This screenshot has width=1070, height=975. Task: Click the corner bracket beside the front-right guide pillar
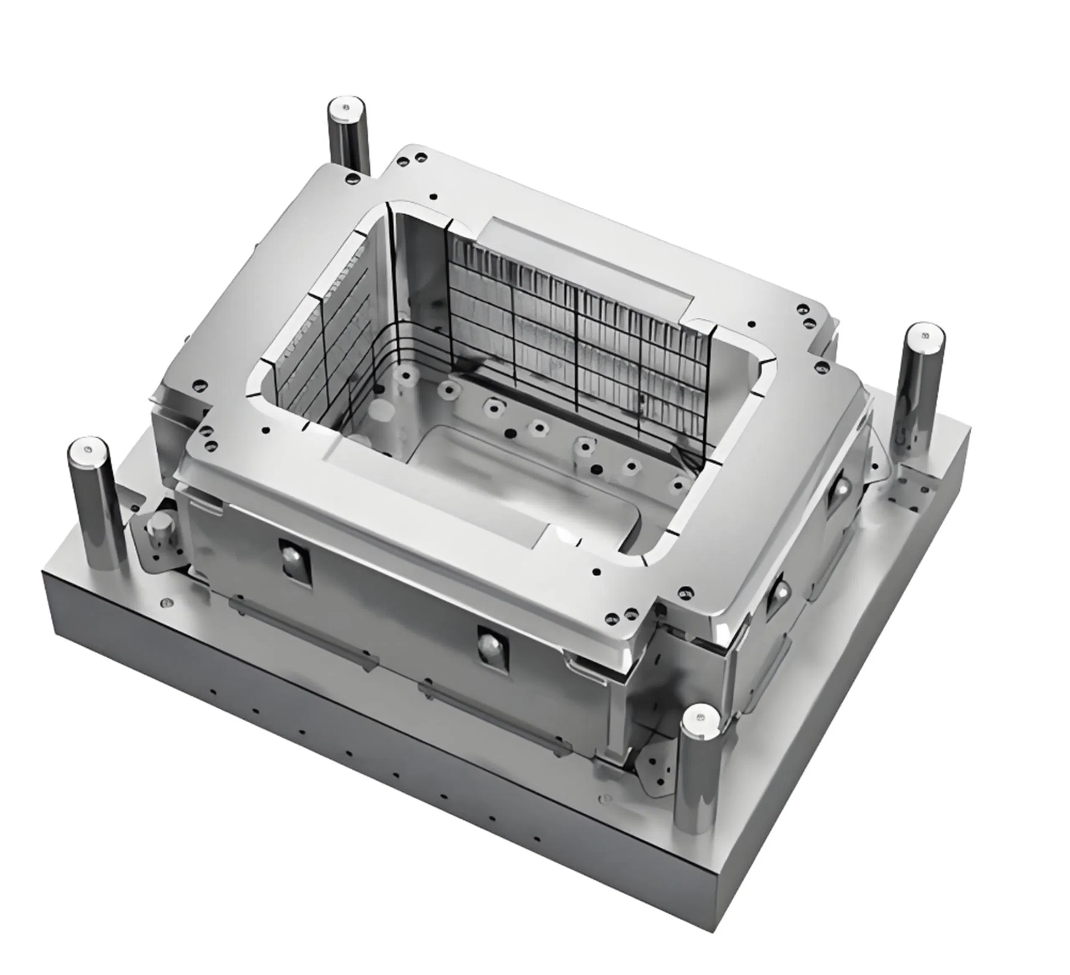[x=658, y=765]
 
